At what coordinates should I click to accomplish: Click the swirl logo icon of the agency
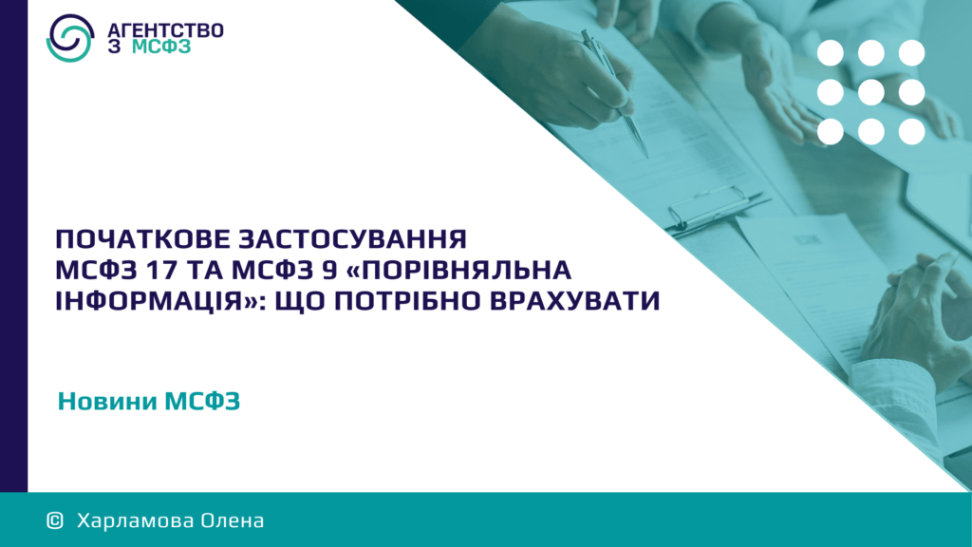(70, 38)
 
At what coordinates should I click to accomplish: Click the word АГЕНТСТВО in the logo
(165, 30)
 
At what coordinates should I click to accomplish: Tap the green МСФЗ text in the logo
(161, 47)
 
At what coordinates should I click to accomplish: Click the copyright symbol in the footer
(55, 520)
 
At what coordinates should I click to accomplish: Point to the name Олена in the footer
(232, 520)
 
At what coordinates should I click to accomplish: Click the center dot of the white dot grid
(871, 92)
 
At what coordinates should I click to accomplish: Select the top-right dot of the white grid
(912, 53)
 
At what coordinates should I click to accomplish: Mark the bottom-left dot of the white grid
(830, 131)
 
